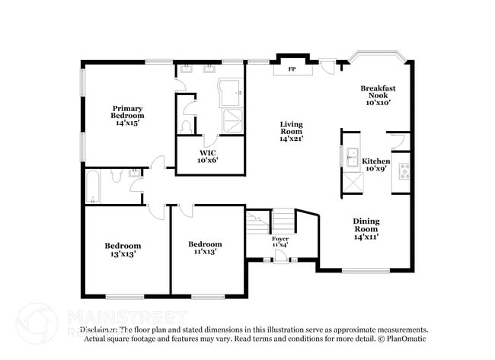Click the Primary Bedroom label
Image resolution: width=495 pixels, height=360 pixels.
[x=127, y=115]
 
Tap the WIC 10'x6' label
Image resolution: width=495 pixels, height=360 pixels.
[x=208, y=155]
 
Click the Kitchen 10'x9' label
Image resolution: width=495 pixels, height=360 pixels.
[x=376, y=165]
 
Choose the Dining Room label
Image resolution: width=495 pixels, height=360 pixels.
[x=366, y=228]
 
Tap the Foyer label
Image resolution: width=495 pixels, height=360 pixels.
[x=280, y=242]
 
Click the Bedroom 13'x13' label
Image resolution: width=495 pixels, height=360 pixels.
[x=123, y=250]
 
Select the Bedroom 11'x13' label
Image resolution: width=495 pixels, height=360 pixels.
[x=205, y=247]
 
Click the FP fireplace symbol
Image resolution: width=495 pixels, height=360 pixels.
[x=291, y=69]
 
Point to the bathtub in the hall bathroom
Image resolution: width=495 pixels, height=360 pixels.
[x=93, y=187]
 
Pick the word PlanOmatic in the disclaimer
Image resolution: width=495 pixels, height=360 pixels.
[x=408, y=338]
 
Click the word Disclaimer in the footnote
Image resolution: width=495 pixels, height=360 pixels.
[x=98, y=330]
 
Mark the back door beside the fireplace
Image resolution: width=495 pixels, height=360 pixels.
[x=327, y=66]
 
